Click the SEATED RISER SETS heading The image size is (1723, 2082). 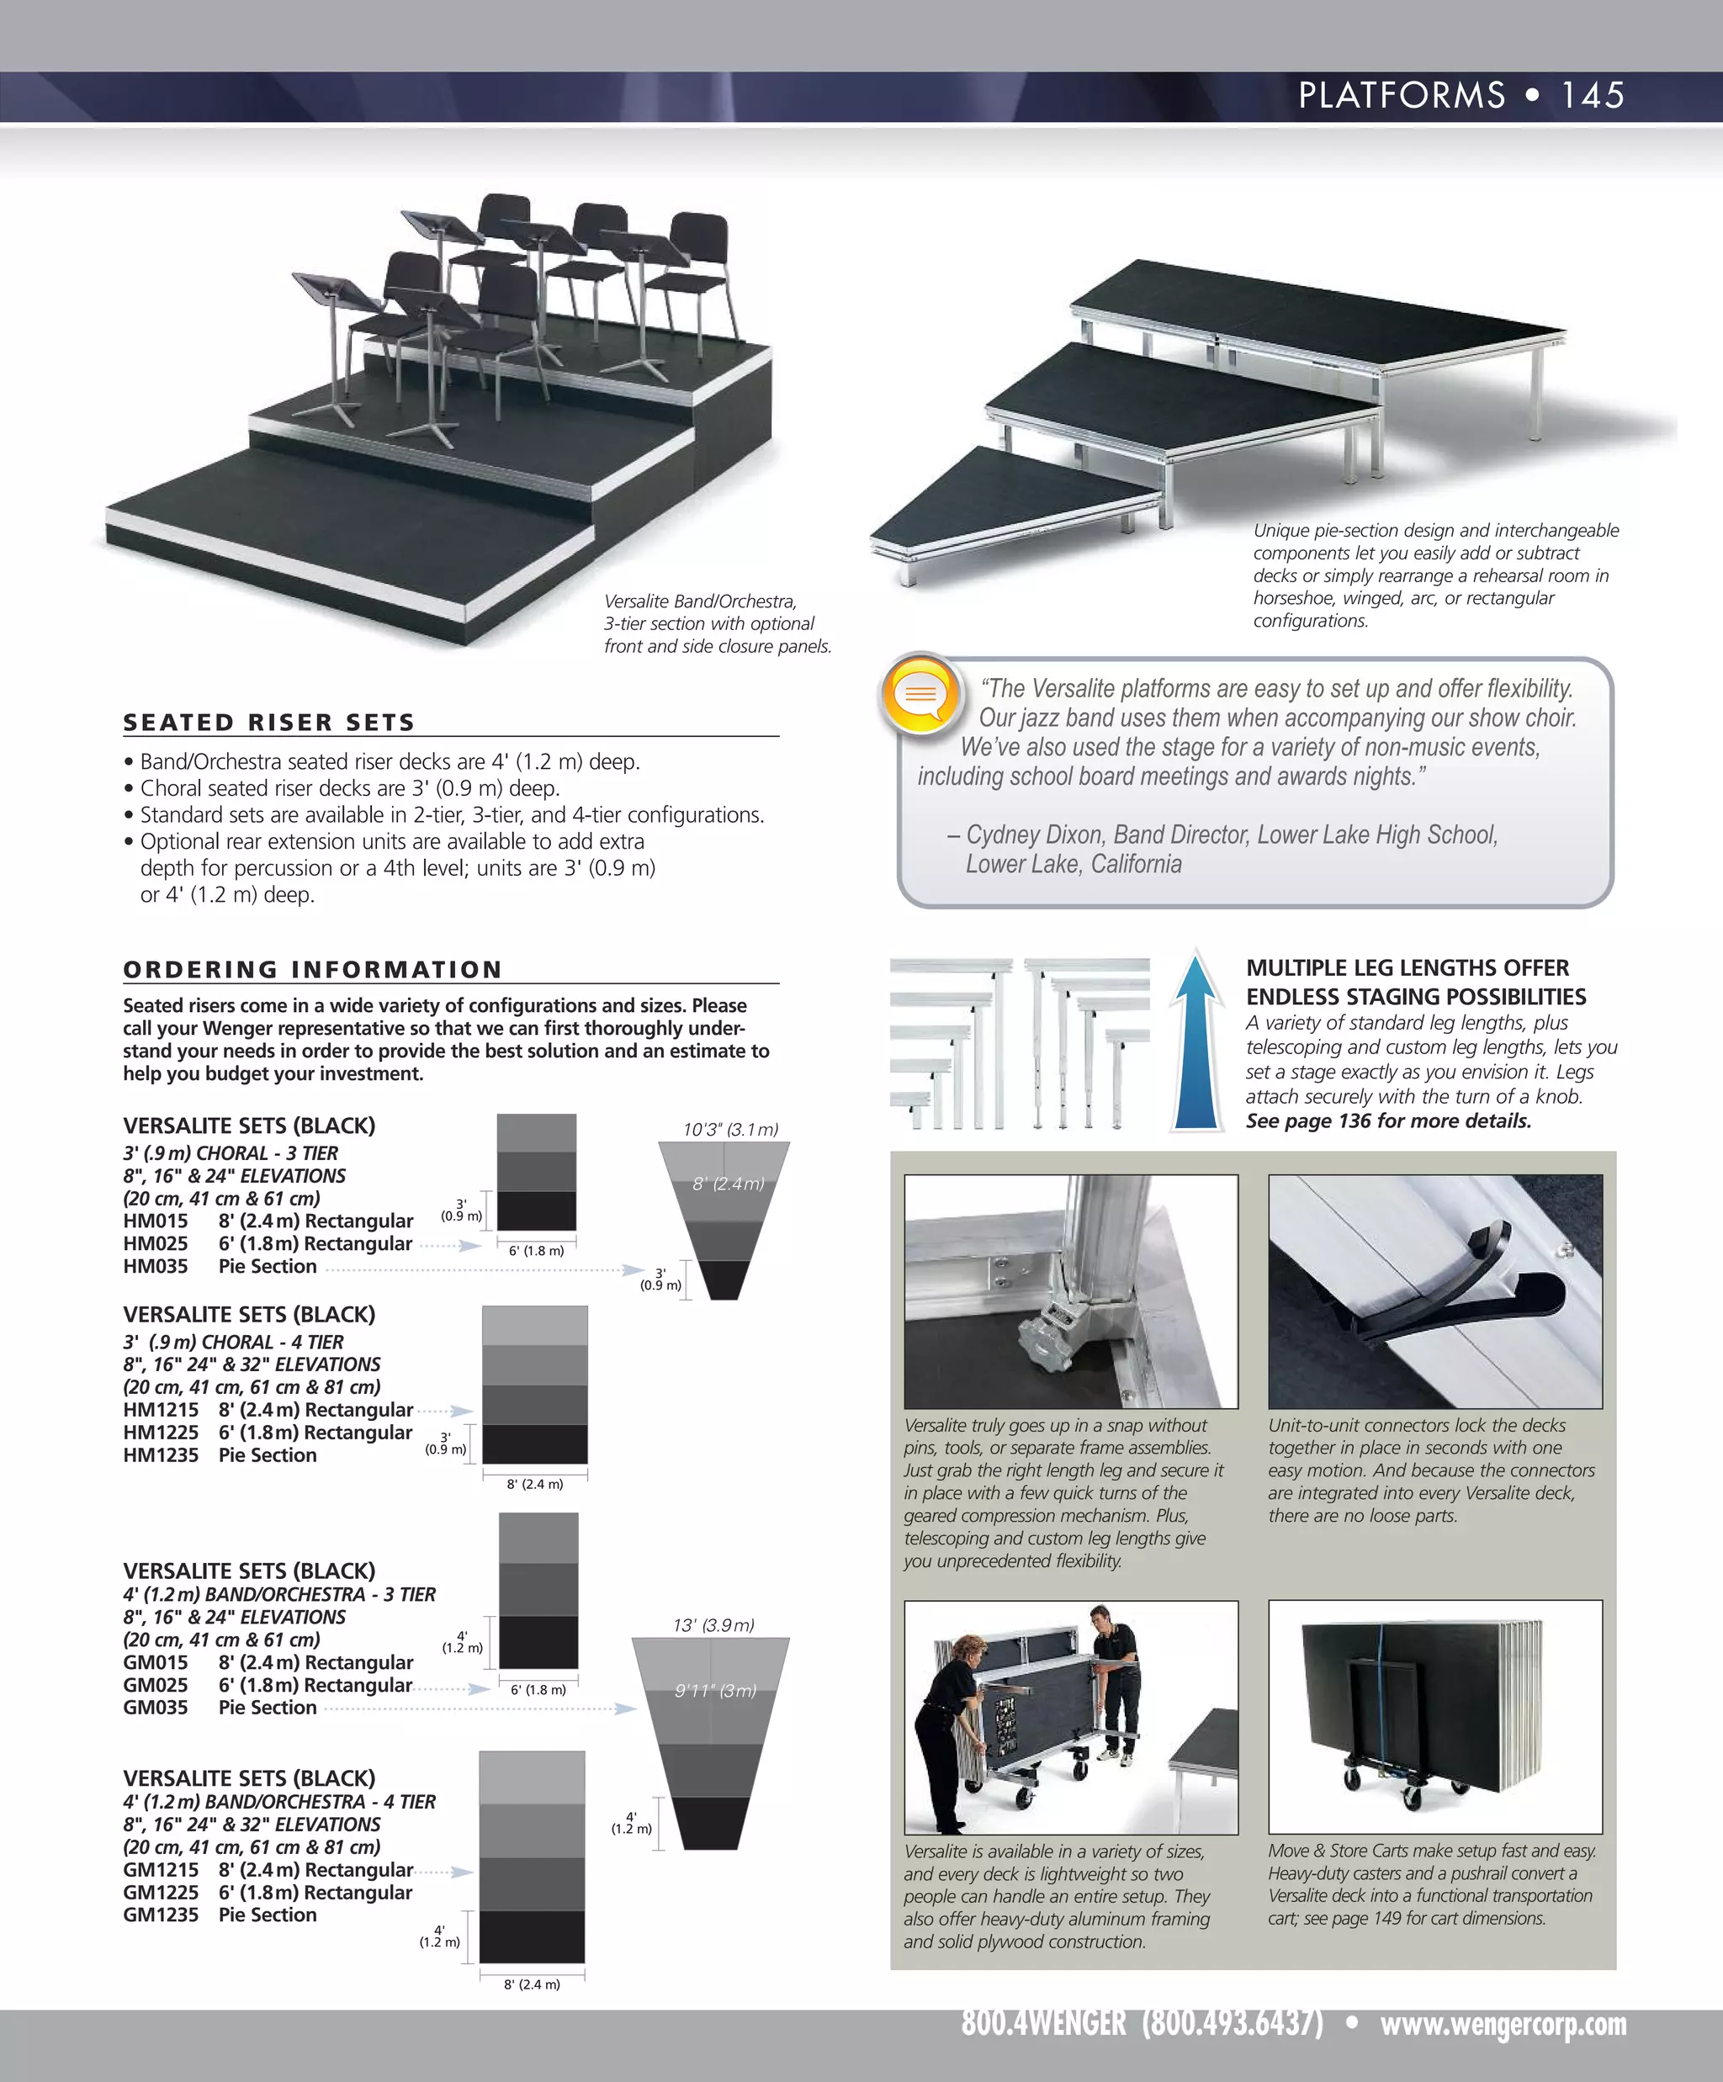click(268, 722)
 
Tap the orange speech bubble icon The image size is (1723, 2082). click(921, 693)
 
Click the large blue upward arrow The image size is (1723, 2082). click(1196, 1042)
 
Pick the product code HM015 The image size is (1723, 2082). click(155, 1221)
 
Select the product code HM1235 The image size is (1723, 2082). click(160, 1454)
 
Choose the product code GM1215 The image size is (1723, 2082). click(160, 1869)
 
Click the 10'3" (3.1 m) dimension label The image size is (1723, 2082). click(730, 1129)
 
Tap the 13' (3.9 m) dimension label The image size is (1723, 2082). click(713, 1625)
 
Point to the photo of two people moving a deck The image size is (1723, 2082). click(1071, 1716)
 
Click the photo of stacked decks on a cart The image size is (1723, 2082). click(1434, 1716)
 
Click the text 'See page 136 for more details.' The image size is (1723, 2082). click(1388, 1120)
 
